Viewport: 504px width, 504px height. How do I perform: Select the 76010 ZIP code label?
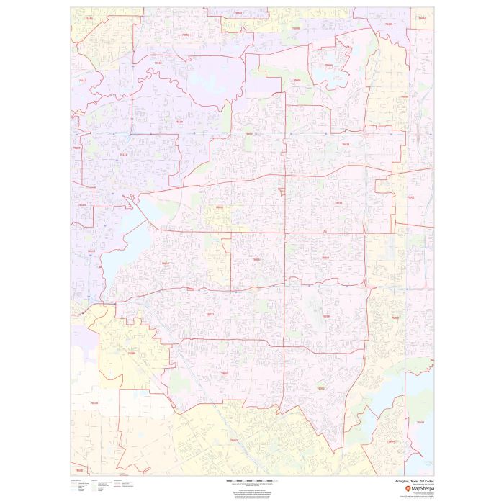pos(338,203)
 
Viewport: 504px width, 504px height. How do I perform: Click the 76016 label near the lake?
pos(166,264)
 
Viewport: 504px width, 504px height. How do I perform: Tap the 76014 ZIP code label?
pos(325,257)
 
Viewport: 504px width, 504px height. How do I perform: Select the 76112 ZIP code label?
pos(123,153)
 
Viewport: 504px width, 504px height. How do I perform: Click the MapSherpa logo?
pos(417,490)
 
